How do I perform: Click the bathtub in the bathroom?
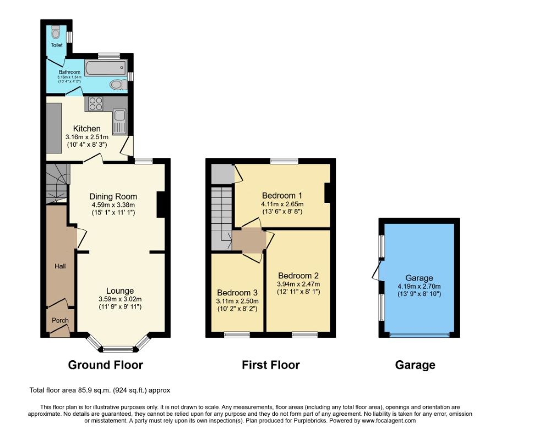coord(106,67)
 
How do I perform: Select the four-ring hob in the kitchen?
coord(96,103)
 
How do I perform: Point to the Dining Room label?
coord(113,196)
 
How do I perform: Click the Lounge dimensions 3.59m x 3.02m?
coord(120,299)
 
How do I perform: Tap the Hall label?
coord(60,266)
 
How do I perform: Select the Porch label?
coord(60,320)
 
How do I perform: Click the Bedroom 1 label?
coord(282,195)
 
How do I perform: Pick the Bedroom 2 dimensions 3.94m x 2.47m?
coord(298,284)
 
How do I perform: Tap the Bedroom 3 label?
coord(237,293)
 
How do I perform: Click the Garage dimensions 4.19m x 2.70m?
coord(419,287)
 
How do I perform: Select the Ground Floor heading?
coord(105,365)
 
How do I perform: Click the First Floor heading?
coord(271,365)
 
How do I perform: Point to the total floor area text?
coord(100,390)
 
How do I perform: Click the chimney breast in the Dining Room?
coord(161,205)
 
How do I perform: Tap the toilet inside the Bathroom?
coord(118,84)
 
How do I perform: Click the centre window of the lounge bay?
coord(118,349)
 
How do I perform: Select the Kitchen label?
coord(87,129)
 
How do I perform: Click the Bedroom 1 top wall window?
coord(284,161)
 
